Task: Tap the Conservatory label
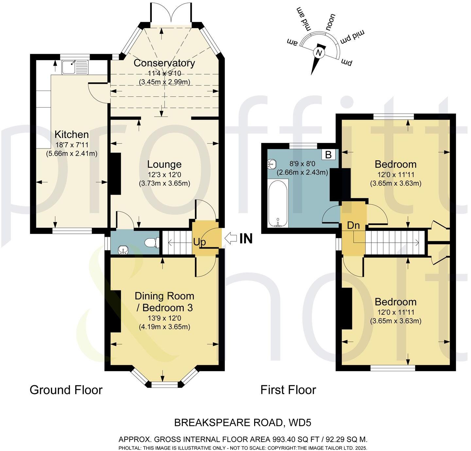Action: click(164, 63)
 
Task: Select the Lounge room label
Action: click(164, 164)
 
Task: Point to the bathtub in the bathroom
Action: click(278, 204)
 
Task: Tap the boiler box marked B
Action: click(328, 154)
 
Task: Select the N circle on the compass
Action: click(318, 53)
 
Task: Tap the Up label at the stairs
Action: click(200, 242)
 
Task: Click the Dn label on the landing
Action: click(353, 225)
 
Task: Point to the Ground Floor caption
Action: click(66, 390)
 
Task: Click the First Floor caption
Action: click(288, 390)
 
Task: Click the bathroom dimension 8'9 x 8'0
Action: click(302, 164)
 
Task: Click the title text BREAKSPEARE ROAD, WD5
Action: click(242, 423)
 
